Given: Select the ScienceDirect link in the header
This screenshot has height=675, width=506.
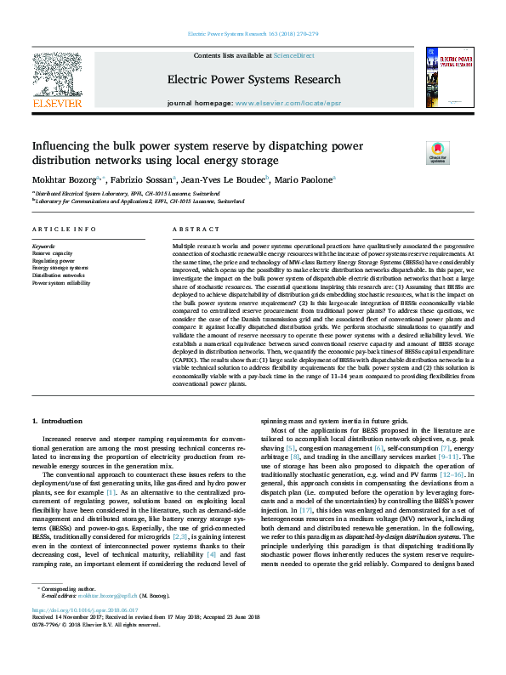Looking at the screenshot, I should pyautogui.click(x=293, y=56).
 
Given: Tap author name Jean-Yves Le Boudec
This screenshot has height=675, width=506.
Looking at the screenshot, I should pyautogui.click(x=225, y=179).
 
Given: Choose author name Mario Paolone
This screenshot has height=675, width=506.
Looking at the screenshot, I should pyautogui.click(x=304, y=179).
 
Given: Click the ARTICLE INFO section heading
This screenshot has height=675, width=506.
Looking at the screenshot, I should pyautogui.click(x=64, y=230).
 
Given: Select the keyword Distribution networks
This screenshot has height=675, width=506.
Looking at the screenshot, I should pyautogui.click(x=59, y=275).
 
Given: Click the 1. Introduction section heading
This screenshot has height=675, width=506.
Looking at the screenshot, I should pyautogui.click(x=58, y=421).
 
